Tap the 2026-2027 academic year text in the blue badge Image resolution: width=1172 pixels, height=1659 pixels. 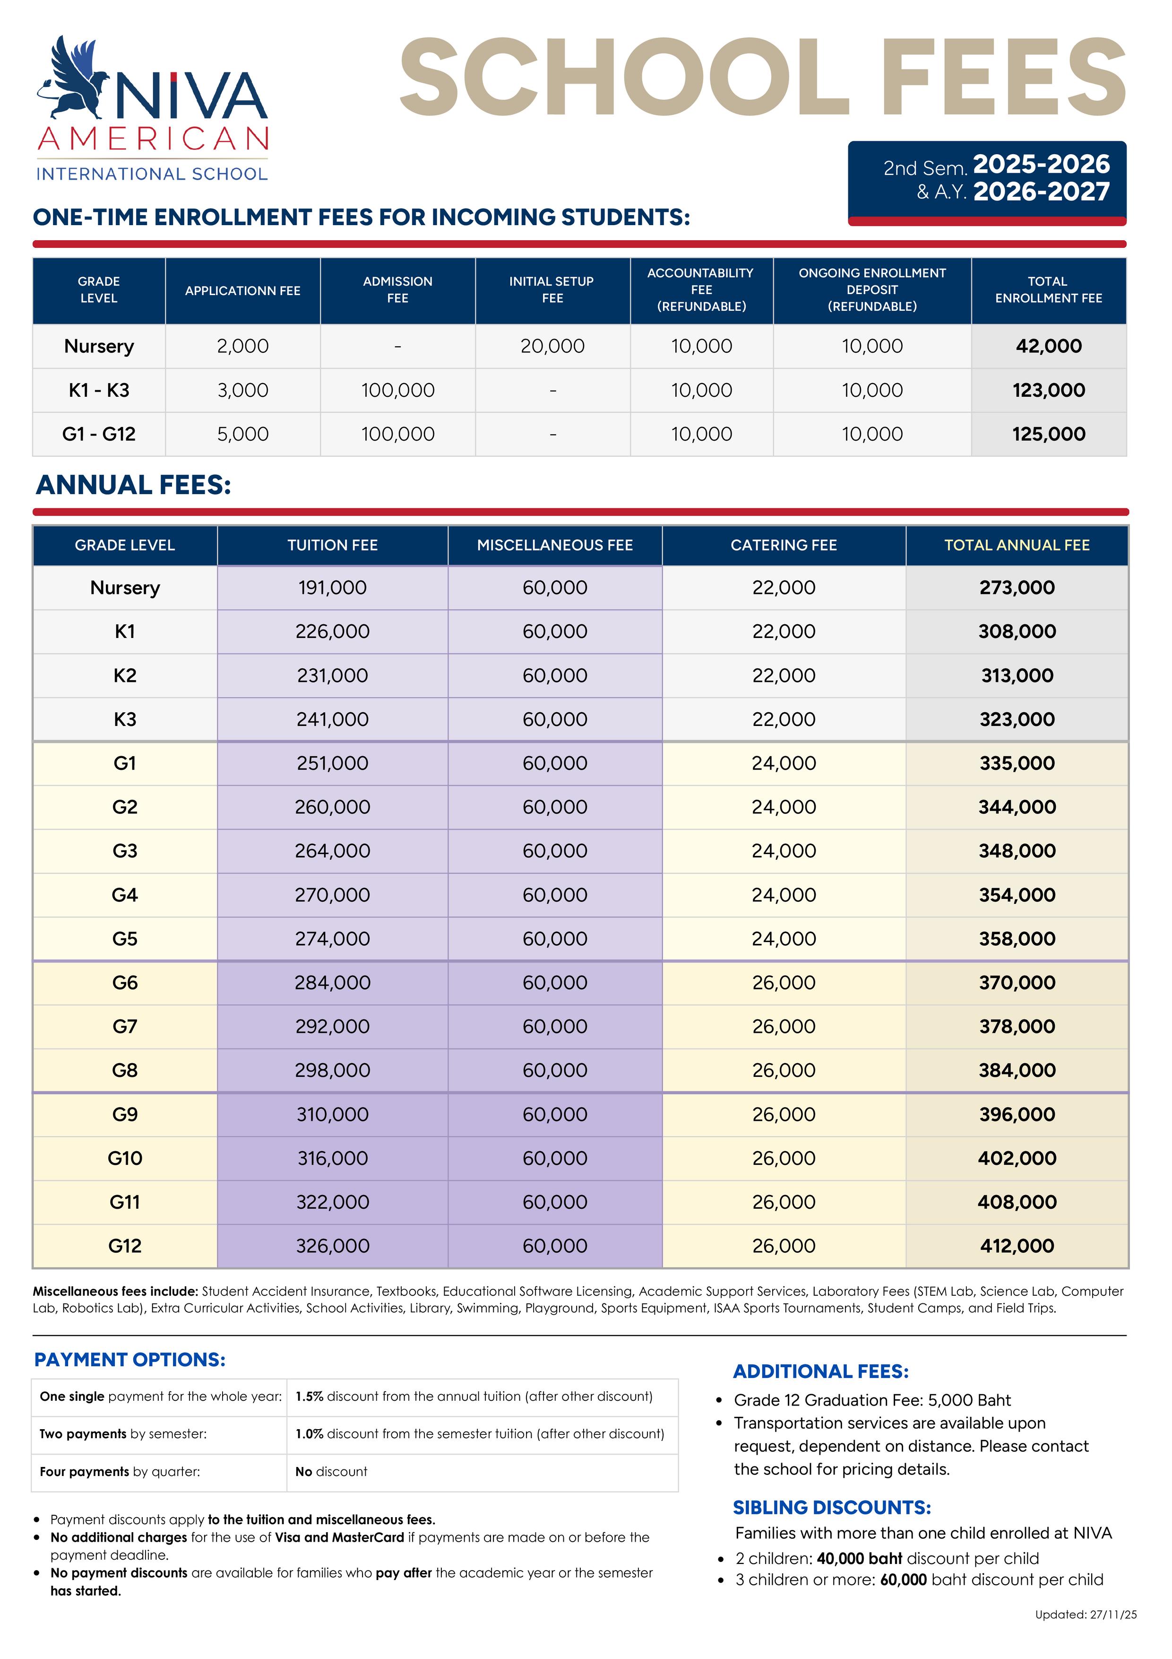(1041, 192)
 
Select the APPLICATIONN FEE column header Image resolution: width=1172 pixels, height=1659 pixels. (242, 290)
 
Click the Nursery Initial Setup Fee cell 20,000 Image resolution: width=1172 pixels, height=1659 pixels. (552, 346)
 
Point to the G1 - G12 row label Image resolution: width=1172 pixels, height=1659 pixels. (99, 434)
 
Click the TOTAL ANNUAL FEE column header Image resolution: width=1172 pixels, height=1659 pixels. (1016, 545)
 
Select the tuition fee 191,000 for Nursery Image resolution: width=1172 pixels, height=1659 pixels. (332, 587)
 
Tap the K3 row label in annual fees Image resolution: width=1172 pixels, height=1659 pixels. (125, 719)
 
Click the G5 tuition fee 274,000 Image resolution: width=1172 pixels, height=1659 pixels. (332, 939)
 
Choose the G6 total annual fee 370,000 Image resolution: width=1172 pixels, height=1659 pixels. (1016, 983)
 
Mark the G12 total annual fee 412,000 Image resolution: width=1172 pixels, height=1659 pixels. (1016, 1246)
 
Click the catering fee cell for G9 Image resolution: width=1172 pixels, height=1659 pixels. (784, 1114)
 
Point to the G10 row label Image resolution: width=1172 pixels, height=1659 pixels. (125, 1158)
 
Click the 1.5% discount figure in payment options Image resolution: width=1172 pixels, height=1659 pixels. (309, 1396)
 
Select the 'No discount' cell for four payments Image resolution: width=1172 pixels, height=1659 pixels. (331, 1471)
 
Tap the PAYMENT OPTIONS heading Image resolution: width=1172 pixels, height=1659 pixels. (130, 1359)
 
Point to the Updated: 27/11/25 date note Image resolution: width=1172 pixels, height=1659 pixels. (1086, 1634)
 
